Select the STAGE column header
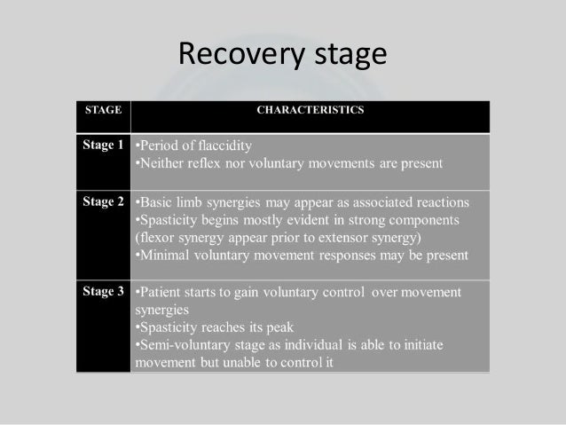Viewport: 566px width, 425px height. (102, 110)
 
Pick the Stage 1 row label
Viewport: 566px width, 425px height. (104, 145)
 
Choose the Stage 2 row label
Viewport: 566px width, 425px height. (104, 201)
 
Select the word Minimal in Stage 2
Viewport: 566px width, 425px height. (163, 255)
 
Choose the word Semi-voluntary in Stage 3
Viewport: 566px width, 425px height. (181, 344)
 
